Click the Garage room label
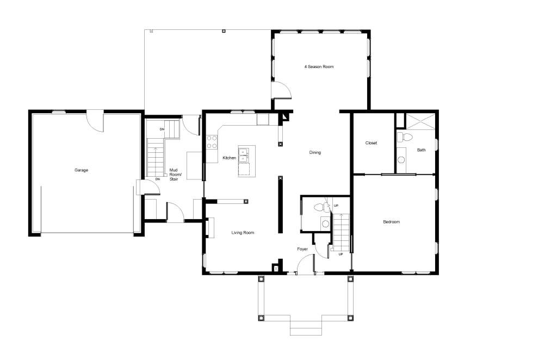81,170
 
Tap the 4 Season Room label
319,66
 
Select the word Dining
315,152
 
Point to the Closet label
371,142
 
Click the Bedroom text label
391,221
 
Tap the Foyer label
302,249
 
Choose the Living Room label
243,233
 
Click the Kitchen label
229,158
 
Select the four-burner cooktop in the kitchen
212,142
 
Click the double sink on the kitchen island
244,154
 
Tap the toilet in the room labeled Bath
404,137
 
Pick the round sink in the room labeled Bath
401,160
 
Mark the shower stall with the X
420,121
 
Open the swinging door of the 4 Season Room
281,90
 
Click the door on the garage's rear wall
95,121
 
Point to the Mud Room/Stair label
175,175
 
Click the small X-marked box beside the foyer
276,269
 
